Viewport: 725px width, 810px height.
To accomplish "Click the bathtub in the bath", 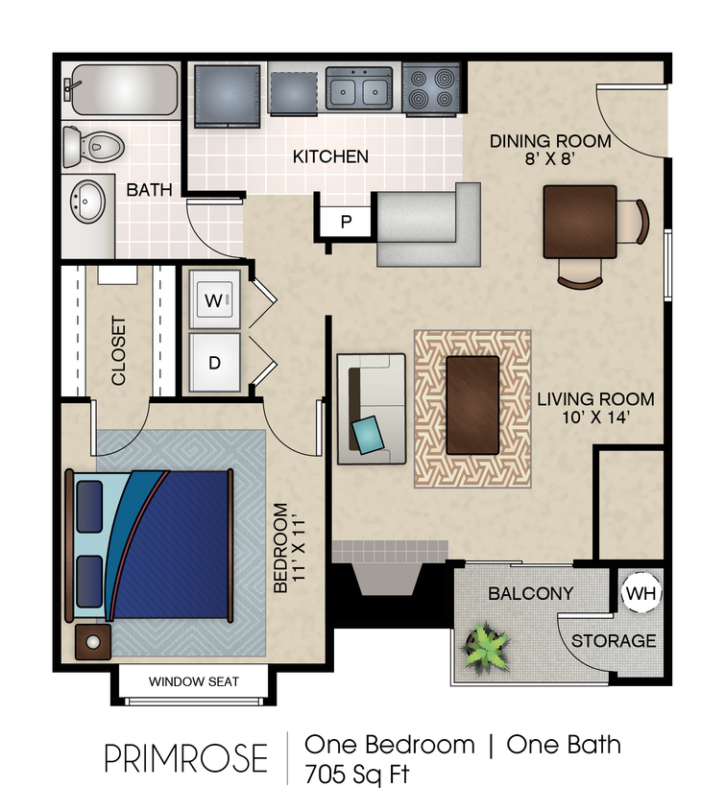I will [122, 89].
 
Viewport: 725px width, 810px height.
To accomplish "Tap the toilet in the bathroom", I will [94, 146].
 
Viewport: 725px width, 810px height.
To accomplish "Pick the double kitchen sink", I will [359, 88].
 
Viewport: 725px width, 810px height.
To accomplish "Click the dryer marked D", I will [214, 362].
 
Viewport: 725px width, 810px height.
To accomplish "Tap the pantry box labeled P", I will [346, 221].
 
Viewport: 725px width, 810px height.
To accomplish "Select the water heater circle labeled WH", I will [640, 594].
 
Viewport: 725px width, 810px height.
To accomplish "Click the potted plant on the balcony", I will [486, 648].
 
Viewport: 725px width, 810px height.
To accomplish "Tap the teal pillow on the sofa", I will [369, 434].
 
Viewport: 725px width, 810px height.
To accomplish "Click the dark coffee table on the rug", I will [472, 404].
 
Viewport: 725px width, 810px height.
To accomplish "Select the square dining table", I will [579, 222].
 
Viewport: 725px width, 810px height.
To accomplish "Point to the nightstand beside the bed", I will [93, 643].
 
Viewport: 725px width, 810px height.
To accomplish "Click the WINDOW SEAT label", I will [193, 681].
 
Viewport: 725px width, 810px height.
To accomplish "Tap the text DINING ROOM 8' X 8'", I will [550, 150].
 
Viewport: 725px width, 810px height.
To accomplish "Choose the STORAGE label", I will [615, 640].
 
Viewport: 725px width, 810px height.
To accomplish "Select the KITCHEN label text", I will [330, 156].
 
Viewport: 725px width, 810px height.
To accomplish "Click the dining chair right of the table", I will [633, 221].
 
